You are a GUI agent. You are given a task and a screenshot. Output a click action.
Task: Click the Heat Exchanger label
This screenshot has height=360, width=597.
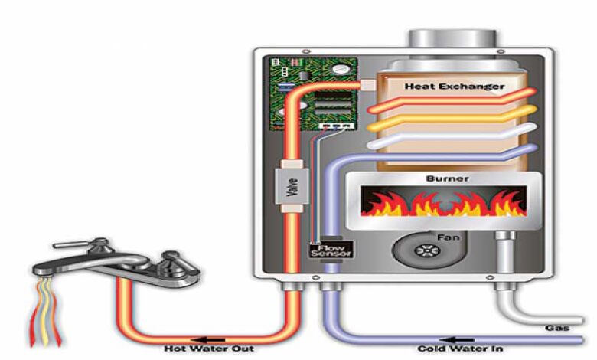(454, 87)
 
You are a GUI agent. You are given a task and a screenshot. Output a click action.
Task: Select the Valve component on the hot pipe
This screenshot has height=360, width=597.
(292, 186)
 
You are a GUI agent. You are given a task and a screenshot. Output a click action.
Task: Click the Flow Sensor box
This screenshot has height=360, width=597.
(331, 249)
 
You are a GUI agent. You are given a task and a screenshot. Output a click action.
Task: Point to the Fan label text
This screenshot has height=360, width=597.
(448, 237)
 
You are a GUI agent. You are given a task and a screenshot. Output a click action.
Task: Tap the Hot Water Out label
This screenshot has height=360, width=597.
(209, 349)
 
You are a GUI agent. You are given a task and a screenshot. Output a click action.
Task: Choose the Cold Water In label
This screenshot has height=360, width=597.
(460, 349)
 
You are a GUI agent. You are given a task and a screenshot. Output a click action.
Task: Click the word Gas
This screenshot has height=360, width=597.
(557, 328)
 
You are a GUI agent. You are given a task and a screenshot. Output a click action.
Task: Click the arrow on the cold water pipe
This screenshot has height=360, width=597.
(456, 339)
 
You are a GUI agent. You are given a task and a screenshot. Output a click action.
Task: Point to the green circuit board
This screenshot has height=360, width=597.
(313, 93)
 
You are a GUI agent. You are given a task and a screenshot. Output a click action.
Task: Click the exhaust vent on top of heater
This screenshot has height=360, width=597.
(452, 39)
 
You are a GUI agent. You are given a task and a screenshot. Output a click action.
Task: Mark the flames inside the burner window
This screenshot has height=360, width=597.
(444, 203)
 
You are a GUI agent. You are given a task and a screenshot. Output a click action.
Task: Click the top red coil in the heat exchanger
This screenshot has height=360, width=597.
(452, 100)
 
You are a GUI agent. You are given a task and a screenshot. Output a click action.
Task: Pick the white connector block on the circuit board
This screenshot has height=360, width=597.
(336, 126)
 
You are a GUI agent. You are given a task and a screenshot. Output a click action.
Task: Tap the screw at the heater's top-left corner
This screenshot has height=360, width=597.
(305, 51)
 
